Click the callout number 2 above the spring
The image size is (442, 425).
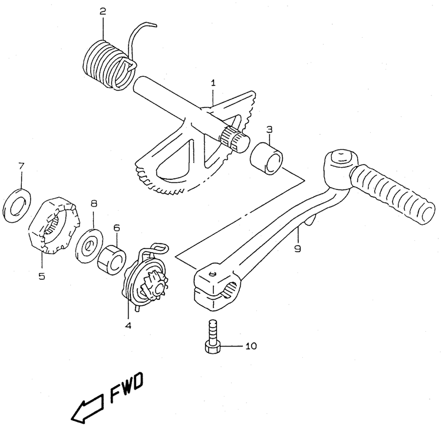point(103,11)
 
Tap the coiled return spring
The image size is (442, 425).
point(110,65)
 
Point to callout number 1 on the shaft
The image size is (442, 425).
point(213,83)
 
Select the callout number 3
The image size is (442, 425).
point(269,130)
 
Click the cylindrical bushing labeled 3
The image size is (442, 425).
point(266,159)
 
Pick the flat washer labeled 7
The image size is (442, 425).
point(17,205)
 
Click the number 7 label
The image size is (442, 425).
point(22,166)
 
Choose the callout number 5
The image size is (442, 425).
point(42,276)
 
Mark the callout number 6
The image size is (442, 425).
point(117,228)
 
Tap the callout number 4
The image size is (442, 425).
point(128,326)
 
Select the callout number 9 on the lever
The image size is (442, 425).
point(298,249)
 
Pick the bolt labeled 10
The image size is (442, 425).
point(212,336)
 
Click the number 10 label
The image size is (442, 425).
point(250,346)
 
